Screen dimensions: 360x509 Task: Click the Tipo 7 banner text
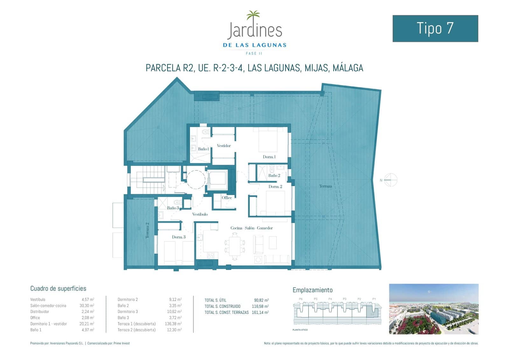pyautogui.click(x=435, y=28)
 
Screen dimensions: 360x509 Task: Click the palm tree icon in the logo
pyautogui.click(x=253, y=15)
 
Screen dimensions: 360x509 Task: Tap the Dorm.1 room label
pyautogui.click(x=269, y=157)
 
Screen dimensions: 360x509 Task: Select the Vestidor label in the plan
pyautogui.click(x=224, y=146)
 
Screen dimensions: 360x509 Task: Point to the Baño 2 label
pyautogui.click(x=274, y=175)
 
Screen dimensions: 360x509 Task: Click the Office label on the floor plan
pyautogui.click(x=227, y=198)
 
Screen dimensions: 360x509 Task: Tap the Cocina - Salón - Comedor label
pyautogui.click(x=252, y=228)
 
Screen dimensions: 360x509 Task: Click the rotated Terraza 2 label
pyautogui.click(x=147, y=230)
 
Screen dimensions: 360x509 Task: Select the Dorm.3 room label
pyautogui.click(x=178, y=237)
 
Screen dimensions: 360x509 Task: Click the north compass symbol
pyautogui.click(x=391, y=180)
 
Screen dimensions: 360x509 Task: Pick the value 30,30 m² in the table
pyautogui.click(x=88, y=306)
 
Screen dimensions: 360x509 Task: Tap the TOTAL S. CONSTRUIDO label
pyautogui.click(x=222, y=306)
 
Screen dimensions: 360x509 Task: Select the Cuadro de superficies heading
pyautogui.click(x=58, y=288)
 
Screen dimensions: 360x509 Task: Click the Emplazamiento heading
pyautogui.click(x=312, y=290)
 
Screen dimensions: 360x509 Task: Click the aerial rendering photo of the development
pyautogui.click(x=434, y=309)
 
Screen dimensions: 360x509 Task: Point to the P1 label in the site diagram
pyautogui.click(x=374, y=299)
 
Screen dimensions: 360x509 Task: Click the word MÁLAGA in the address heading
pyautogui.click(x=348, y=68)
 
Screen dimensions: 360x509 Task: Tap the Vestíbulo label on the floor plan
pyautogui.click(x=200, y=214)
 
